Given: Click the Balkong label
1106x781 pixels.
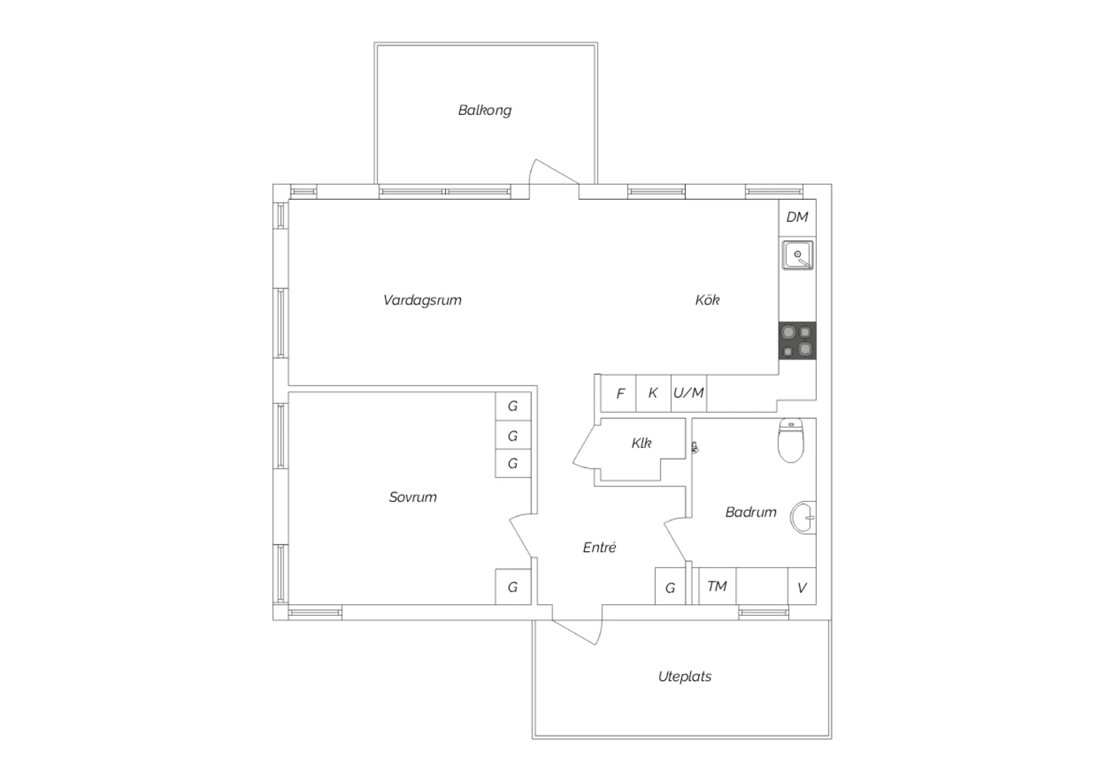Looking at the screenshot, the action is click(484, 110).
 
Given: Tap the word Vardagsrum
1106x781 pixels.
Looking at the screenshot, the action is click(422, 300).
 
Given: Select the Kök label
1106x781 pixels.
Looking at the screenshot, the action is click(707, 299).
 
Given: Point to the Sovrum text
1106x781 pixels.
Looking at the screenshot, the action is click(413, 497).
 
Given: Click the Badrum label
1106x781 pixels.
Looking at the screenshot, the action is click(751, 512).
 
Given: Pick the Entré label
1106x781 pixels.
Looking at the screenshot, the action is click(599, 547).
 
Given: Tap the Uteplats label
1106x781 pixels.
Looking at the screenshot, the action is click(685, 676).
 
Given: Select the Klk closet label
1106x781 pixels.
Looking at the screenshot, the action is click(641, 443).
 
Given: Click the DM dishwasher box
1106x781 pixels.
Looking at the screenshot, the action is click(797, 217).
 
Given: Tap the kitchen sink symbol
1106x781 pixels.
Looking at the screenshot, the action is click(797, 255).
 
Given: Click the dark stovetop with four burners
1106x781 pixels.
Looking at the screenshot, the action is click(797, 340).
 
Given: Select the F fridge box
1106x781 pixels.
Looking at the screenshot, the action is click(618, 393).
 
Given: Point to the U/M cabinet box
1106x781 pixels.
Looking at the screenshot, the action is click(689, 393).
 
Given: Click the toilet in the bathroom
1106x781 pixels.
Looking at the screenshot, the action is click(791, 441).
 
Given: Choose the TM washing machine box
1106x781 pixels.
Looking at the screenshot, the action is click(717, 586).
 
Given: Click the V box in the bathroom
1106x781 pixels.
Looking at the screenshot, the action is click(802, 586).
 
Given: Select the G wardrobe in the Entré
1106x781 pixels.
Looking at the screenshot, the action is click(670, 586).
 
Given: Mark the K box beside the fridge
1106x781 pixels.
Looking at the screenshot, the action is click(653, 393).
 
